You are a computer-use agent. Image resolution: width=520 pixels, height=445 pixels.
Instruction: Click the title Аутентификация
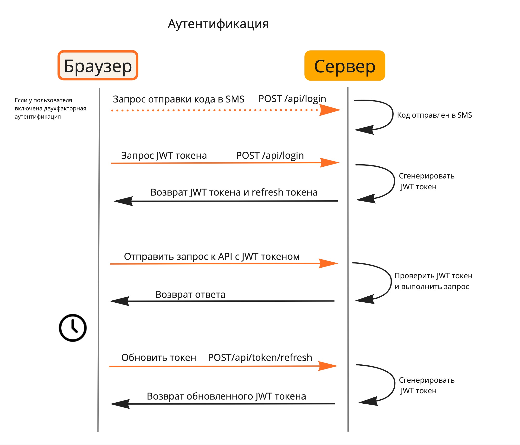[218, 24]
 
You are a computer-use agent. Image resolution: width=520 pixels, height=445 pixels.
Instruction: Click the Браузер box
[98, 65]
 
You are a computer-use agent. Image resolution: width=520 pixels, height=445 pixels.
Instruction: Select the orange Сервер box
[344, 65]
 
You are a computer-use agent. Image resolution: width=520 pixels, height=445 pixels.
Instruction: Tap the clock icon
[72, 328]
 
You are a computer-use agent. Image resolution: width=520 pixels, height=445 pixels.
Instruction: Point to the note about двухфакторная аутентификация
[50, 108]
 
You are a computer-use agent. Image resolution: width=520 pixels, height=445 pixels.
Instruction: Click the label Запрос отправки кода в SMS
[179, 99]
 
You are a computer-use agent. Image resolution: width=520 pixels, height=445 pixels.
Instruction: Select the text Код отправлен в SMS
[434, 115]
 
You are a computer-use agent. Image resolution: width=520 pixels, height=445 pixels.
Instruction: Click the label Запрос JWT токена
[164, 156]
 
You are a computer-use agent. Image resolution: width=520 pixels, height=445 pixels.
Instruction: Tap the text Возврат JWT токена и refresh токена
[234, 192]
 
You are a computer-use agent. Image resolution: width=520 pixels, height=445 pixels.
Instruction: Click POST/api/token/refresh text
[260, 357]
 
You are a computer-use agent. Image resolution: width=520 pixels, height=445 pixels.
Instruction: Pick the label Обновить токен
[159, 357]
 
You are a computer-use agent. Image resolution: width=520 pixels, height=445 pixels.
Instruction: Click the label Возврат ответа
[190, 294]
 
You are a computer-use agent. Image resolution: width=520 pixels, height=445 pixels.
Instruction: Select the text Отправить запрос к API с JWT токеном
[212, 257]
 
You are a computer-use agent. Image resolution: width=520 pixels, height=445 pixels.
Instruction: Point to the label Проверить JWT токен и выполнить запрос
[433, 281]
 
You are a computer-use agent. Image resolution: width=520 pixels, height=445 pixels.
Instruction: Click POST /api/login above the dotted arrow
[292, 99]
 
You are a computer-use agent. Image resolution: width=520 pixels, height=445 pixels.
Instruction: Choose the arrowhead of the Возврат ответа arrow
[120, 301]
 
